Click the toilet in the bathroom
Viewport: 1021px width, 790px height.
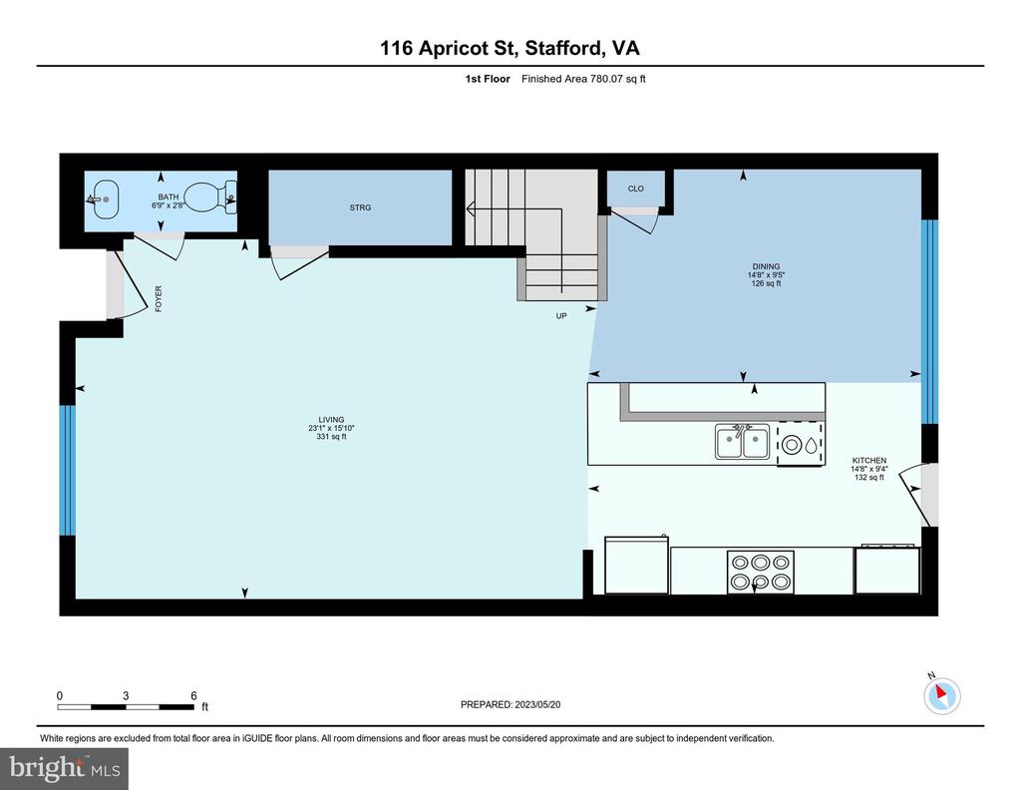(x=209, y=197)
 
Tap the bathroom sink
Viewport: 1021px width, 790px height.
(x=103, y=199)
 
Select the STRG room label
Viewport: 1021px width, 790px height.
(x=360, y=207)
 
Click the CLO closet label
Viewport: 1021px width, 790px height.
(x=635, y=189)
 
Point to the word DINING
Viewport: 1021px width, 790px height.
(x=766, y=266)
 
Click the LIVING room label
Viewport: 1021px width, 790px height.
(x=331, y=419)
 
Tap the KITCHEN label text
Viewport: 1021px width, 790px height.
(x=869, y=461)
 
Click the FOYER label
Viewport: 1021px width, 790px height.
(x=159, y=299)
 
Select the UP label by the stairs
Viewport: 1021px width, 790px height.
(x=561, y=316)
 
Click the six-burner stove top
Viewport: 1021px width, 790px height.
(x=761, y=572)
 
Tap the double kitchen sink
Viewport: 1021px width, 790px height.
(x=742, y=442)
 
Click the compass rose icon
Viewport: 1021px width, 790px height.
(x=941, y=695)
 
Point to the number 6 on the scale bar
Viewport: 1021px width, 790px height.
(x=193, y=695)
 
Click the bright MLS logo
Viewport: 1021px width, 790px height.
(x=65, y=768)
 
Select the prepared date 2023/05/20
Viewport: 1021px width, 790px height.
(x=537, y=704)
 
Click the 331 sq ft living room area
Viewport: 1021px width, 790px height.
(x=331, y=436)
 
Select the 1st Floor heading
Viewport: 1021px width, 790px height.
(x=488, y=79)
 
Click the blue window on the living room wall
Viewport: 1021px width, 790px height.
(x=68, y=471)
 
